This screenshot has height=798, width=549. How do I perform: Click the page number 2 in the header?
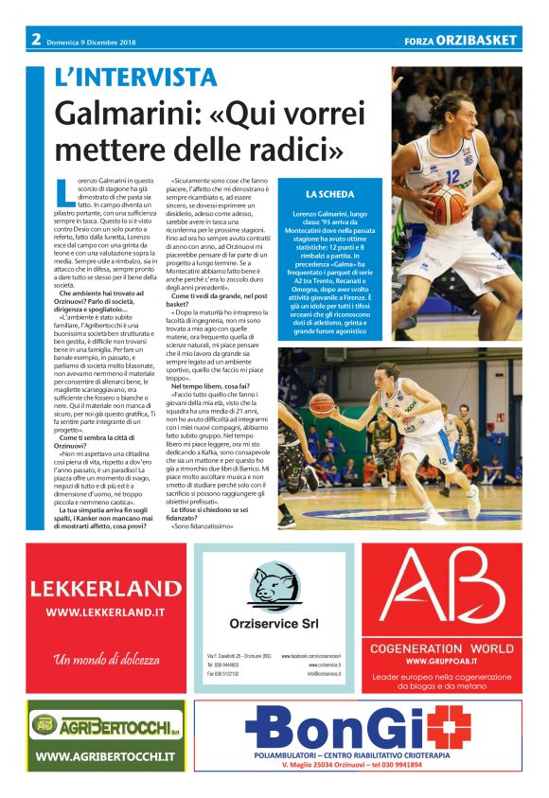point(35,40)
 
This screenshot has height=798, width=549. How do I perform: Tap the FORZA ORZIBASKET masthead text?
point(461,41)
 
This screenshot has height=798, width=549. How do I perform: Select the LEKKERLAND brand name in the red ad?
point(106,588)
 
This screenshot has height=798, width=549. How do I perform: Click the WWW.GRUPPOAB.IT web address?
point(442,661)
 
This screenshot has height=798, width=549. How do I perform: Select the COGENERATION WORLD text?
point(442,649)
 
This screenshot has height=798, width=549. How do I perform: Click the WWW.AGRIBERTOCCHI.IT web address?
point(105,756)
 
